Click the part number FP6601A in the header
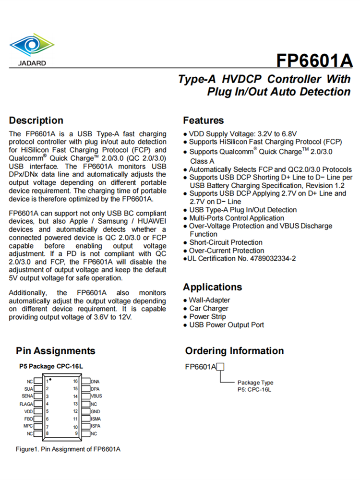tap(314, 61)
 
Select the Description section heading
tap(36, 120)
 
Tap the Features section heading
tap(204, 120)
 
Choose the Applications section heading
tap(212, 287)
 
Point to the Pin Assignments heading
tap(56, 351)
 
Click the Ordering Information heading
tap(234, 351)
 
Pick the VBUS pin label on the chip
tap(96, 396)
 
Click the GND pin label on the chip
tap(95, 411)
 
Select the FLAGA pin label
tap(26, 404)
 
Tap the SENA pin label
tap(27, 396)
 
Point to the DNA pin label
tap(95, 382)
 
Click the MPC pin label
tap(28, 426)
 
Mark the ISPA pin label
tap(96, 426)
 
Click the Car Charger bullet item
tap(208, 309)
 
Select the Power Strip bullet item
tap(207, 317)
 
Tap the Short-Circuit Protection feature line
tap(226, 242)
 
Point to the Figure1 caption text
tap(68, 449)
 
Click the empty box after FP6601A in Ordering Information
tap(221, 367)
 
